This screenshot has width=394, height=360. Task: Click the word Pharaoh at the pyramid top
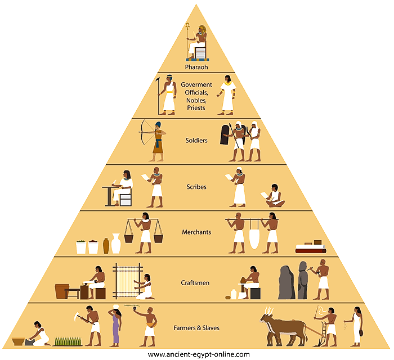(196, 66)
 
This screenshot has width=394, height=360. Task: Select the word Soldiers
(196, 140)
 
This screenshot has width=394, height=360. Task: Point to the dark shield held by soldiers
(225, 135)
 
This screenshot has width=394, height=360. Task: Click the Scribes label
(196, 186)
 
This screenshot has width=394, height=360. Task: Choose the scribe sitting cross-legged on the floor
(274, 196)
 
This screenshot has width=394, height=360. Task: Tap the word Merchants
(196, 232)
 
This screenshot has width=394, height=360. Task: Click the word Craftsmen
(196, 282)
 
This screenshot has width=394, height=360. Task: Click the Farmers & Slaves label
(196, 327)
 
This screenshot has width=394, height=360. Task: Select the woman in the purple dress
(116, 327)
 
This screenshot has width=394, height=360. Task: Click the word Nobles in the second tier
(196, 100)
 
